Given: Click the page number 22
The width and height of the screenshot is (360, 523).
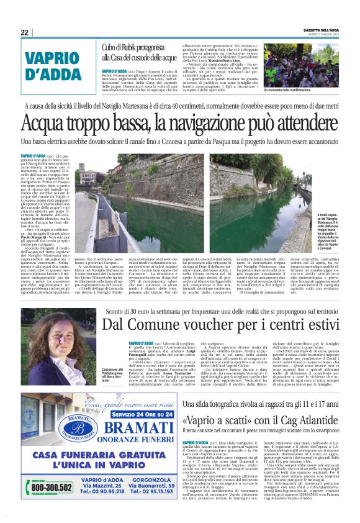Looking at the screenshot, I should coord(25,33).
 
